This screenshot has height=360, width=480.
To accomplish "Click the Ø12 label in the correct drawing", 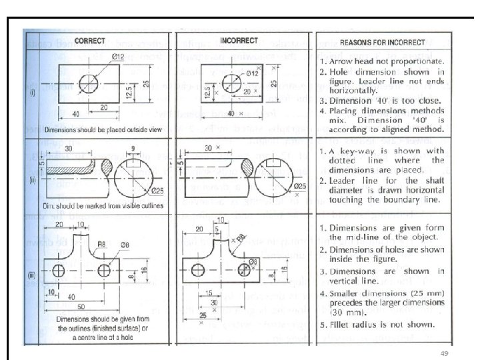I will pos(117,57).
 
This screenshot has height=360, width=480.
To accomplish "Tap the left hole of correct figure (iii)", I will pos(58,272).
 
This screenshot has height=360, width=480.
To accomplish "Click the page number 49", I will pos(441,352).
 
